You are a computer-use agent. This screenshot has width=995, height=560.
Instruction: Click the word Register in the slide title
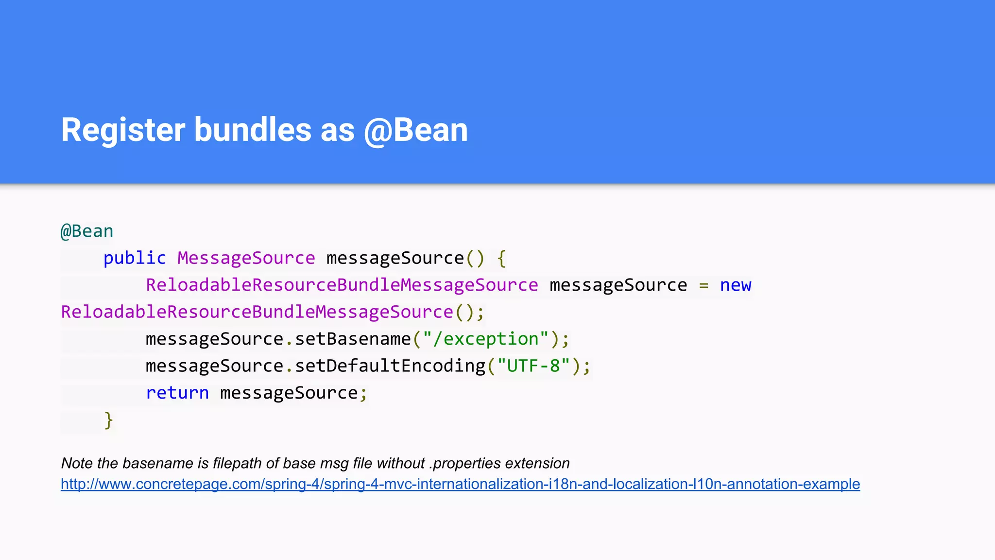pyautogui.click(x=123, y=130)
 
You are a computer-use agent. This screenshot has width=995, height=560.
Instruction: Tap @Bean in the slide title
pyautogui.click(x=416, y=130)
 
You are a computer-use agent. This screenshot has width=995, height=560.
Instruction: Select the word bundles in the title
pyautogui.click(x=253, y=130)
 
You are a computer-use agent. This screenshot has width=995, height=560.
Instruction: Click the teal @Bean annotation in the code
pyautogui.click(x=87, y=231)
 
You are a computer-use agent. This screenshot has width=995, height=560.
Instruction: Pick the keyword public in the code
pyautogui.click(x=135, y=258)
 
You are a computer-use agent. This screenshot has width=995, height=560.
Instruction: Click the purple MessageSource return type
pyautogui.click(x=246, y=258)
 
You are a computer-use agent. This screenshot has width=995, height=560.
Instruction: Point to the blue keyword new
pyautogui.click(x=735, y=285)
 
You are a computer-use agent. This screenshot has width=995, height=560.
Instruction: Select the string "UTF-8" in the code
pyautogui.click(x=533, y=366)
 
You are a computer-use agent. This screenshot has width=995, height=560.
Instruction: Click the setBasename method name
pyautogui.click(x=353, y=339)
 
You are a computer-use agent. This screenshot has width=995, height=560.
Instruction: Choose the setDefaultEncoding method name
pyautogui.click(x=390, y=366)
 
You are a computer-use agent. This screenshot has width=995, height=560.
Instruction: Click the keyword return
pyautogui.click(x=177, y=393)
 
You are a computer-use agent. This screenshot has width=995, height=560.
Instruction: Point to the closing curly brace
pyautogui.click(x=108, y=420)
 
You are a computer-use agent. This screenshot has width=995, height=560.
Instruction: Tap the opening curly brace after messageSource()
pyautogui.click(x=501, y=258)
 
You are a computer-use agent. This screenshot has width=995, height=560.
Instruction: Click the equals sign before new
pyautogui.click(x=703, y=285)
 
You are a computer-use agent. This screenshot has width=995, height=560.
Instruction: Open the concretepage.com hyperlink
pyautogui.click(x=460, y=484)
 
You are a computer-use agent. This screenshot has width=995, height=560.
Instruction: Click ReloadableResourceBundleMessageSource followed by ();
pyautogui.click(x=257, y=312)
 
